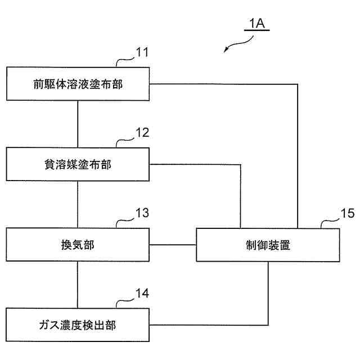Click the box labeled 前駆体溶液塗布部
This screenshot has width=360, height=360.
pyautogui.click(x=78, y=84)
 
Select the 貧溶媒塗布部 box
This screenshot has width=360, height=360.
pyautogui.click(x=78, y=165)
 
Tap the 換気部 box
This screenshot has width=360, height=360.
pyautogui.click(x=78, y=245)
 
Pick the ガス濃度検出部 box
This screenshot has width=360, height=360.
pyautogui.click(x=78, y=325)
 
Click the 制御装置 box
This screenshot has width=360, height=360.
pyautogui.click(x=268, y=245)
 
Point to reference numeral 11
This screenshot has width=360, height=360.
pyautogui.click(x=142, y=54)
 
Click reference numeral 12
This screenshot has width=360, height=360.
pyautogui.click(x=142, y=134)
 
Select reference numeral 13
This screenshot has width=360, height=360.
pyautogui.click(x=142, y=214)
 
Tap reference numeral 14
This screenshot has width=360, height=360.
pyautogui.click(x=142, y=294)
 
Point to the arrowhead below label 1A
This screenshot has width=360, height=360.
pyautogui.click(x=226, y=51)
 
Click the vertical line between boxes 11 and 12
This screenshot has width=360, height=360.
pyautogui.click(x=78, y=124)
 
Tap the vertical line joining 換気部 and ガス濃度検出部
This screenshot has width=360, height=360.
pyautogui.click(x=78, y=285)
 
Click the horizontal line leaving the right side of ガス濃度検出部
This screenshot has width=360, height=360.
pyautogui.click(x=208, y=325)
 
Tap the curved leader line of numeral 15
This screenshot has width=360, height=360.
pyautogui.click(x=328, y=222)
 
